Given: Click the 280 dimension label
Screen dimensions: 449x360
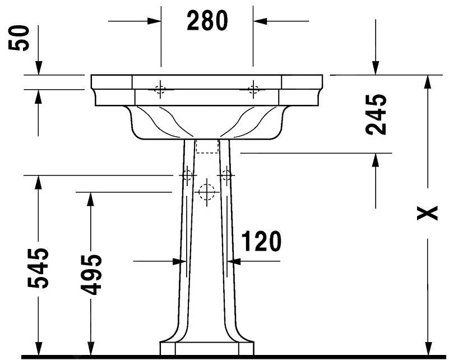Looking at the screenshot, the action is click(207, 20).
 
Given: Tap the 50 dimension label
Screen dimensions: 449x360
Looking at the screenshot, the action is click(19, 38).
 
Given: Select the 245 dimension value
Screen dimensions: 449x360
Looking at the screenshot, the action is click(376, 114).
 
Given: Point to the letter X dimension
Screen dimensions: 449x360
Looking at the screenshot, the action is click(427, 213).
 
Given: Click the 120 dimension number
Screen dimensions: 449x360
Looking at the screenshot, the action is click(262, 241).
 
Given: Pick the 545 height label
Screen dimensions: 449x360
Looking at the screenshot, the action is click(38, 268).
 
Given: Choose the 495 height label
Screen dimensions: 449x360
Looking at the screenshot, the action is click(91, 275).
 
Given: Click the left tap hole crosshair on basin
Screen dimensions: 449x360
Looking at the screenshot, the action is click(160, 89).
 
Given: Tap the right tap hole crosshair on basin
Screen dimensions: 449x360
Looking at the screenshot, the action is click(253, 89).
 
